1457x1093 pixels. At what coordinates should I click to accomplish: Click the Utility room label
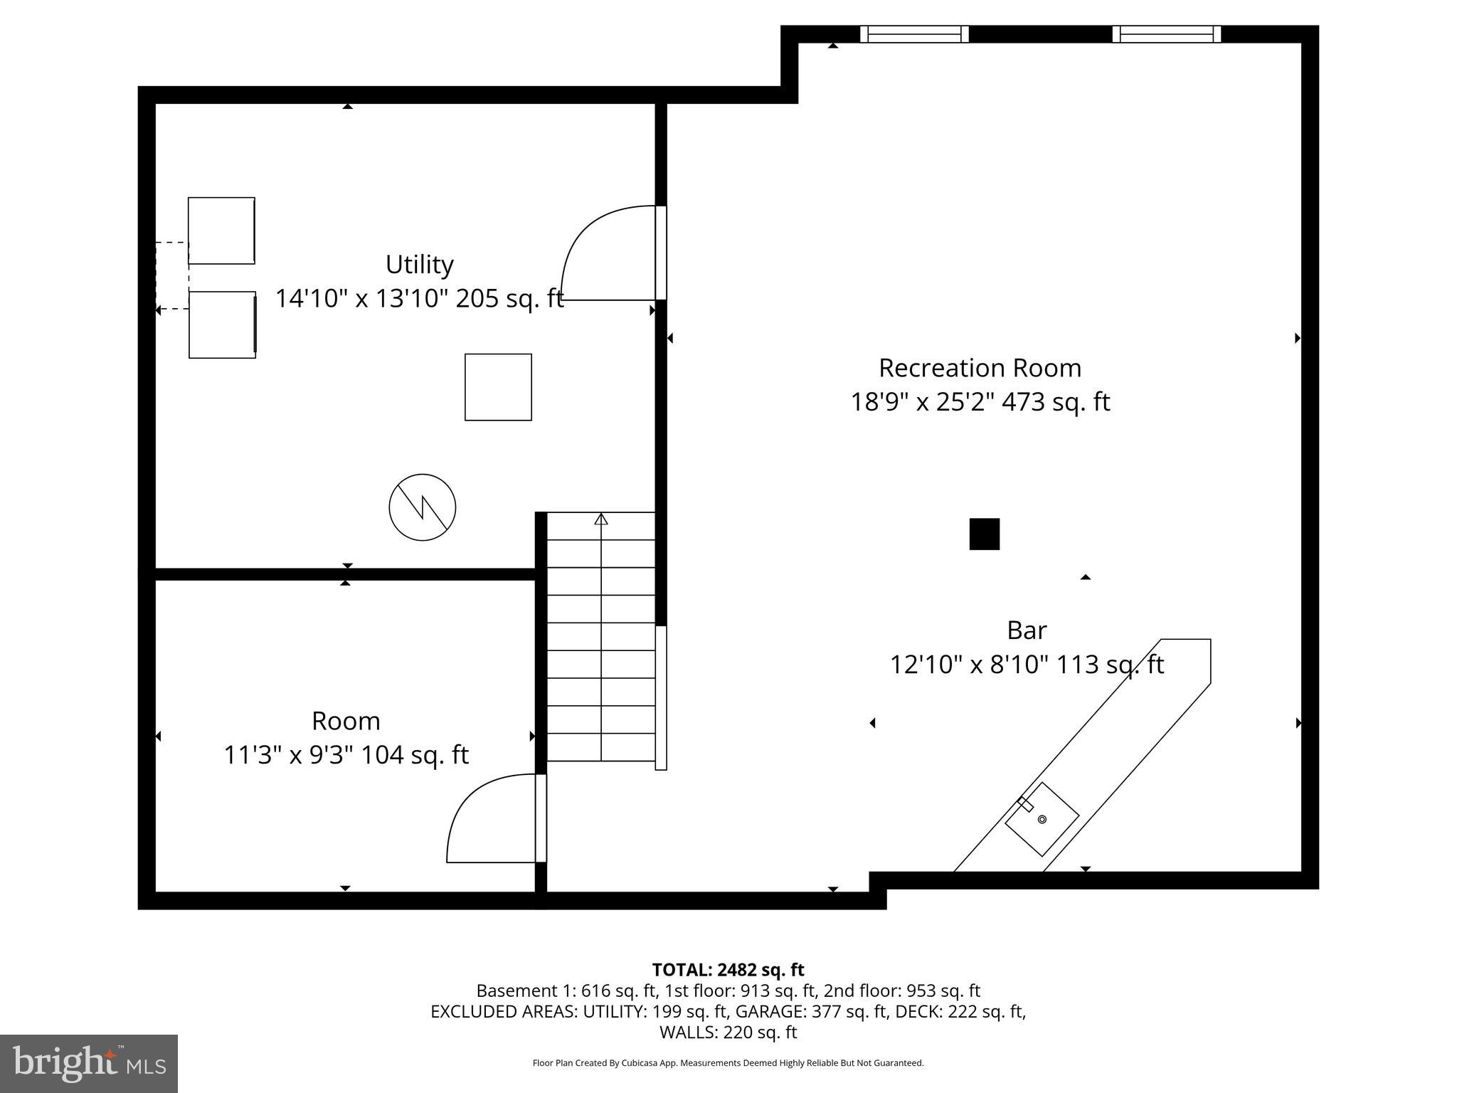click(x=419, y=265)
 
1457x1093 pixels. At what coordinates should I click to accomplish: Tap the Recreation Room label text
click(x=980, y=368)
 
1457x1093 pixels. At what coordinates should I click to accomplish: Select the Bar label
click(x=1027, y=630)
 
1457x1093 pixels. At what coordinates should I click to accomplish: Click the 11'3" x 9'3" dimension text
click(x=290, y=755)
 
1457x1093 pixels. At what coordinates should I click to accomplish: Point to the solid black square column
click(x=984, y=534)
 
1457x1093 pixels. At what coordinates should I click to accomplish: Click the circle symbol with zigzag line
click(x=422, y=507)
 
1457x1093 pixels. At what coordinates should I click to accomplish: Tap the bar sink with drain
click(x=1042, y=819)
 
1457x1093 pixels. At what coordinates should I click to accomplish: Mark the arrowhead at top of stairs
click(x=601, y=519)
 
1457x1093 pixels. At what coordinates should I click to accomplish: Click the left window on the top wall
click(x=914, y=34)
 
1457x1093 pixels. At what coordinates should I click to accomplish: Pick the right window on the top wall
click(x=1166, y=34)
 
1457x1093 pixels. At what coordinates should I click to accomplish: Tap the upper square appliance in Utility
click(x=221, y=231)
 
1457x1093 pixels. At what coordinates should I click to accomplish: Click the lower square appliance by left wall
click(x=222, y=324)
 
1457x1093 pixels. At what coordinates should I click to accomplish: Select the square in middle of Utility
click(x=498, y=387)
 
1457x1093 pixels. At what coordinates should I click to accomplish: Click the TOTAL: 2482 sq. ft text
click(x=728, y=970)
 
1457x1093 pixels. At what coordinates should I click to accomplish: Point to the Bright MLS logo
click(x=89, y=1064)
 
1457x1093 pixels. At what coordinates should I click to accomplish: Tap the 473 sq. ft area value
click(x=1056, y=402)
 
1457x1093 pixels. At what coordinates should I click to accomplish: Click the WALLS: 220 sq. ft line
click(x=728, y=1032)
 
